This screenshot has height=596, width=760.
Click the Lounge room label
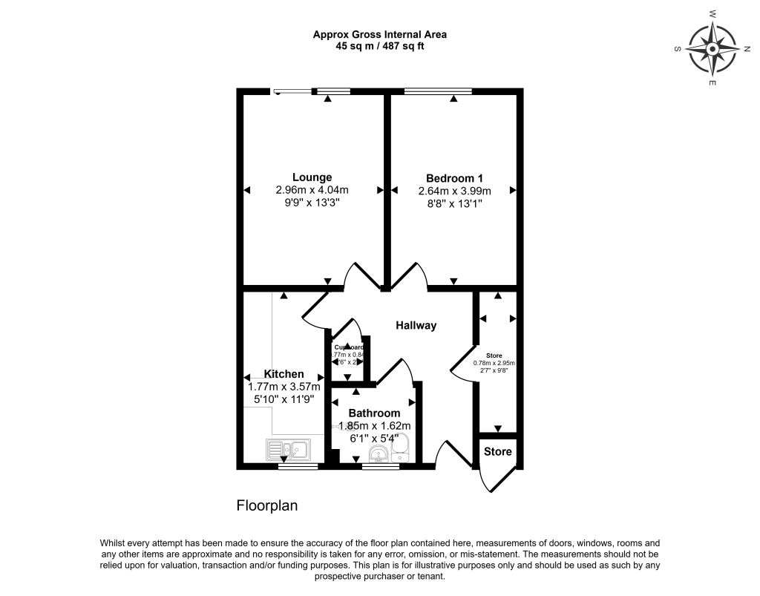[x=312, y=177]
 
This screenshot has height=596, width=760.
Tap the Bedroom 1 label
[x=454, y=178]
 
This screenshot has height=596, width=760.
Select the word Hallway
[x=416, y=325]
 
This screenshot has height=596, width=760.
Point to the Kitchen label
[x=284, y=374]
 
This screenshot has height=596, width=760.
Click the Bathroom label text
[x=374, y=413]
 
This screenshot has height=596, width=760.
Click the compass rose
[x=712, y=50]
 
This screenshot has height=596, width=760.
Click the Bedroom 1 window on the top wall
[x=438, y=91]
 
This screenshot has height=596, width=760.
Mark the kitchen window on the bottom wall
[x=298, y=466]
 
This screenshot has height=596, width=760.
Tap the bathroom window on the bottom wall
[x=381, y=466]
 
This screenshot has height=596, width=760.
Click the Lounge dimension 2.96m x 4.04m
[x=312, y=190]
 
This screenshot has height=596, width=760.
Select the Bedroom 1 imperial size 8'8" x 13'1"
[x=454, y=203]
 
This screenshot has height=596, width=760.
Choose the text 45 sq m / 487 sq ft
[x=379, y=46]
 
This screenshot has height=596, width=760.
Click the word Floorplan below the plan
[x=266, y=506]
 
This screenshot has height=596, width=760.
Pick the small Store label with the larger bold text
[x=497, y=451]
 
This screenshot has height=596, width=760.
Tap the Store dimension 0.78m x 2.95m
[x=494, y=364]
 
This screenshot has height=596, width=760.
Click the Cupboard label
[x=349, y=347]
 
